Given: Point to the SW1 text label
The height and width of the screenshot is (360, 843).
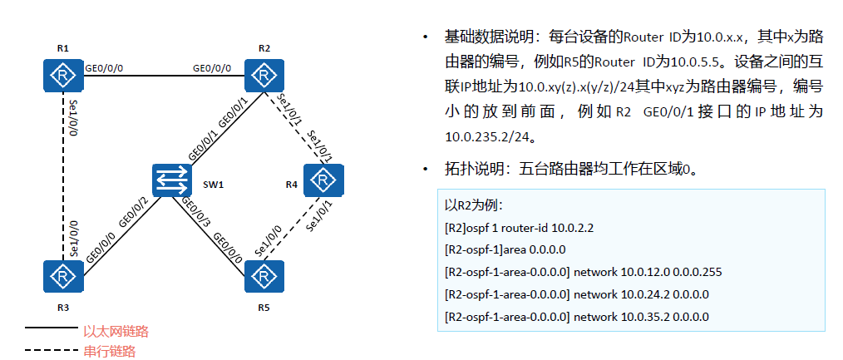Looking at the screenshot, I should (214, 182).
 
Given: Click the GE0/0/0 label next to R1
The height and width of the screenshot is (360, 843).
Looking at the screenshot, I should (105, 67).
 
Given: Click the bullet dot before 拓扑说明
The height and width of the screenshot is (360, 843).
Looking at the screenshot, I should (426, 170).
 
